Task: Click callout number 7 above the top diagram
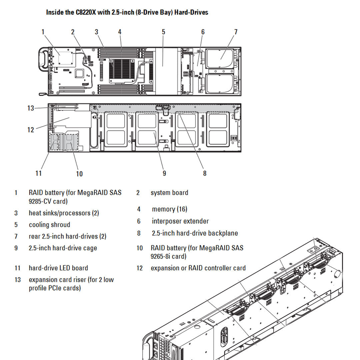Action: click(x=236, y=32)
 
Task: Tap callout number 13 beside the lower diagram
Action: click(x=31, y=108)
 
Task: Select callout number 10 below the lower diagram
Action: click(x=79, y=174)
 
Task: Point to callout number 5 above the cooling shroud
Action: click(x=163, y=32)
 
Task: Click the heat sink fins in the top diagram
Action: click(x=122, y=69)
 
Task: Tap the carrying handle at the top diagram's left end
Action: click(x=43, y=59)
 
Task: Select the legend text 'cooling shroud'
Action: click(x=49, y=225)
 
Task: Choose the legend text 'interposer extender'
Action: click(x=180, y=221)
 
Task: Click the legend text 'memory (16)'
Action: click(x=170, y=209)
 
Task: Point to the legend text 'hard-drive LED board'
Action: click(x=58, y=268)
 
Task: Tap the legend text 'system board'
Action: click(x=169, y=193)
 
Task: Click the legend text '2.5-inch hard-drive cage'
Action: click(x=63, y=248)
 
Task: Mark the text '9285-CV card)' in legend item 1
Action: click(x=48, y=201)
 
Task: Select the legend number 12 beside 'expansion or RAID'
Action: click(x=139, y=268)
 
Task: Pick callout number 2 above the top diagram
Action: click(x=73, y=32)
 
